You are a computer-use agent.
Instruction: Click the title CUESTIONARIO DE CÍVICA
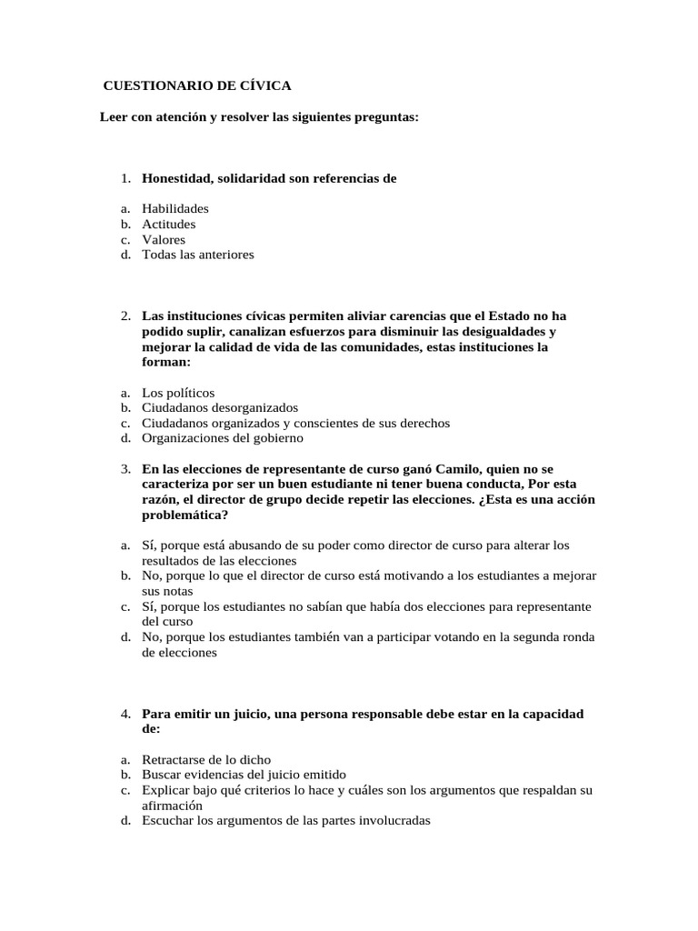click(197, 86)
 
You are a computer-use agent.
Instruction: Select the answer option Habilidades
click(174, 208)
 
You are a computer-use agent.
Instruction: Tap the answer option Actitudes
click(168, 224)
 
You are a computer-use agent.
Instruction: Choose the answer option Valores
click(164, 239)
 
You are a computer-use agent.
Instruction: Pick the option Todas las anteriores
click(197, 255)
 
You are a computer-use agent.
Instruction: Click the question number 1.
click(125, 178)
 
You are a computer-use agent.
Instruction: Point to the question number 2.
click(125, 315)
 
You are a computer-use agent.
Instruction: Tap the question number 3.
click(125, 467)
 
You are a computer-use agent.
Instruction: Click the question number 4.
click(125, 714)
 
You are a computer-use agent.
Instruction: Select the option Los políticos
click(178, 393)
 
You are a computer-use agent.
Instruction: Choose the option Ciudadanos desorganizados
click(220, 408)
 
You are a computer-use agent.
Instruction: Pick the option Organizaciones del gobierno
click(223, 438)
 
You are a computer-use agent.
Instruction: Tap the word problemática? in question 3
click(184, 514)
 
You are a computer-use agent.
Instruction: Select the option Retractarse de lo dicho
click(206, 759)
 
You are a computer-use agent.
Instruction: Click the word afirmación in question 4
click(172, 806)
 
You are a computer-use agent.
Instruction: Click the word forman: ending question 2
click(166, 362)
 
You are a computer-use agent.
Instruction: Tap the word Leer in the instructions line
click(114, 118)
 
